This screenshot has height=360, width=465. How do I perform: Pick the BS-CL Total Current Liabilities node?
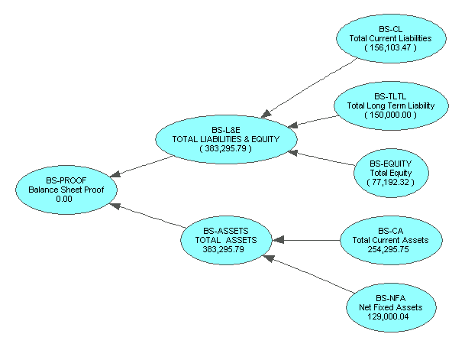pos(390,38)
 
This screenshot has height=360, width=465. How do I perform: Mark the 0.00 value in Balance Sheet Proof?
pos(64,198)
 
